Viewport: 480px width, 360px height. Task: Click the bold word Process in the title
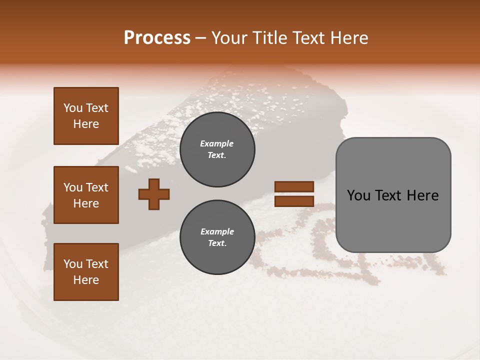tap(157, 38)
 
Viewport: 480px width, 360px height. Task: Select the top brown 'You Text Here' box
tap(86, 116)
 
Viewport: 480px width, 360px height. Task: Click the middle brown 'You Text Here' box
tap(86, 195)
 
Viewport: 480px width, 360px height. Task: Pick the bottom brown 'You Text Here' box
tap(86, 272)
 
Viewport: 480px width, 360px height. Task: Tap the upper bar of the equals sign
tap(294, 187)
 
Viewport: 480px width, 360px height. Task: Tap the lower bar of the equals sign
tap(294, 201)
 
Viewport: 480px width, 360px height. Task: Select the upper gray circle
tap(217, 149)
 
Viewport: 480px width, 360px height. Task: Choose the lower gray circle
tap(217, 237)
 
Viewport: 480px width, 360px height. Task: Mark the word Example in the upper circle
tap(216, 143)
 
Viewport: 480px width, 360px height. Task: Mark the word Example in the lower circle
tap(216, 231)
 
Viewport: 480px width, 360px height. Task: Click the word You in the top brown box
tap(72, 108)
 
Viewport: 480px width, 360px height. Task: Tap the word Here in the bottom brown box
tap(86, 280)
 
